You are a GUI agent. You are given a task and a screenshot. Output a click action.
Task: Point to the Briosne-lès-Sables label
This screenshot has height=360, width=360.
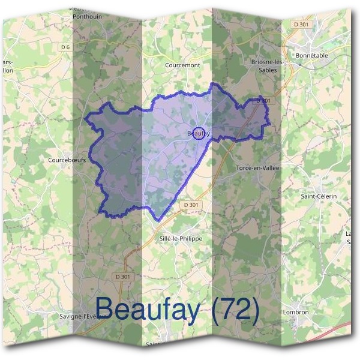click(x=266, y=65)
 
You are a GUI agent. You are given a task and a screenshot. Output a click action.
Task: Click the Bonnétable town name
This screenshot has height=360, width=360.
click(x=311, y=55)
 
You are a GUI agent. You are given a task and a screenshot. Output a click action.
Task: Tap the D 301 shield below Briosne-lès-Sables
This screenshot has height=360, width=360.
click(x=262, y=101)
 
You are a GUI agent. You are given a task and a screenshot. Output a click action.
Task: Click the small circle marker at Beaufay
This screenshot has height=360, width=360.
click(x=199, y=133)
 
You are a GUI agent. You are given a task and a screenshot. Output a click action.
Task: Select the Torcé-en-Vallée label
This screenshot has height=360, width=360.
click(x=258, y=168)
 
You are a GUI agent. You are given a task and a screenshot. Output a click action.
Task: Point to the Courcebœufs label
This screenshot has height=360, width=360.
click(x=67, y=161)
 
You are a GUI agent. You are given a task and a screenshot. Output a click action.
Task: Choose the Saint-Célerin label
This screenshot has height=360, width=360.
click(x=318, y=196)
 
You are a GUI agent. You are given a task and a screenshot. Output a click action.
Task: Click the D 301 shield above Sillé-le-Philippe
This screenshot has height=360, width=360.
click(x=191, y=205)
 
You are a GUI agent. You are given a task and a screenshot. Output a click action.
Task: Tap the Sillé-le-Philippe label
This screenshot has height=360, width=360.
click(x=181, y=238)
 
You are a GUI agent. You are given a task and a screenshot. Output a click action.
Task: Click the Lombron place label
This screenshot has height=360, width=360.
click(x=296, y=312)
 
